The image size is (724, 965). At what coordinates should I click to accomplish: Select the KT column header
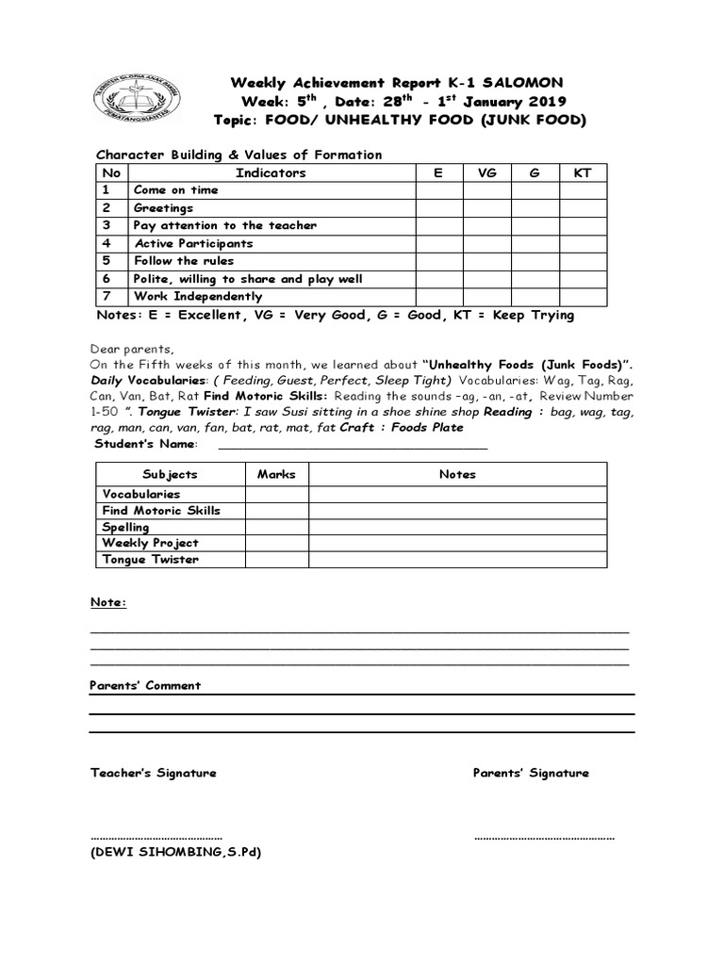tap(583, 172)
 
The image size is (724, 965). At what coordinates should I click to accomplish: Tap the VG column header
tap(486, 172)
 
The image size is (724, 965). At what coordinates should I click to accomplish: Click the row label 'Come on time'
tap(175, 190)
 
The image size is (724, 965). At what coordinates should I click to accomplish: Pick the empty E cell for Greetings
tap(438, 208)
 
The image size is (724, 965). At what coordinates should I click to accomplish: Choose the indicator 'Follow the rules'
tap(183, 261)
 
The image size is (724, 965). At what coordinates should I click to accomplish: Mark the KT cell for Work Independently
tap(583, 297)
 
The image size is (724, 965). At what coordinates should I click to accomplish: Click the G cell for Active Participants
tap(535, 244)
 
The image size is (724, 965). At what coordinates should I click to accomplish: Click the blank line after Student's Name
tap(353, 445)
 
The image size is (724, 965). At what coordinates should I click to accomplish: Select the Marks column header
tap(276, 474)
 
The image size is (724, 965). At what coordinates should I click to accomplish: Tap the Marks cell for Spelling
tap(276, 528)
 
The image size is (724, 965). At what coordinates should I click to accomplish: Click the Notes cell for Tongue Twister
tap(457, 560)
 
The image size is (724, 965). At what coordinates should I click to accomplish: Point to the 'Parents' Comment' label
tap(145, 686)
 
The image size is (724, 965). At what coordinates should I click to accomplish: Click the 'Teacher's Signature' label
tap(153, 773)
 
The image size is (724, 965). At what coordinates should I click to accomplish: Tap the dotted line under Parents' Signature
tap(544, 836)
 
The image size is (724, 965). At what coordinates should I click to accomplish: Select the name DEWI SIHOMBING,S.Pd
tap(175, 852)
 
